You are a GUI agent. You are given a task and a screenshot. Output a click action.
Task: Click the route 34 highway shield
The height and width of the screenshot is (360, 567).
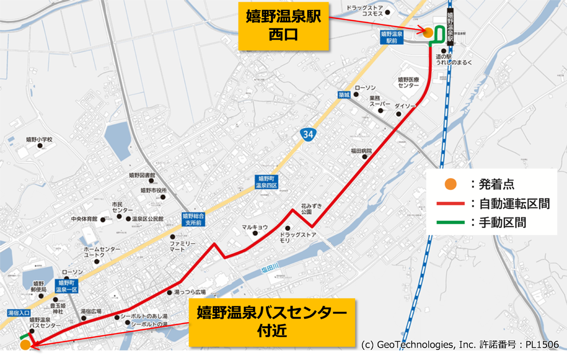pyautogui.click(x=308, y=134)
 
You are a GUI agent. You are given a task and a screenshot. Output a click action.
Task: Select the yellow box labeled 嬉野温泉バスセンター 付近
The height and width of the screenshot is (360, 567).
pyautogui.click(x=272, y=322)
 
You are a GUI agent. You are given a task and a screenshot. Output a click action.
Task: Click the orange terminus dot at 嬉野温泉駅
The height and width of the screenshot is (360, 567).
pyautogui.click(x=428, y=33)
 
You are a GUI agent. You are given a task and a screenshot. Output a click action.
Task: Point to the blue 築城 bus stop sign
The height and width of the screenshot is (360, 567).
pyautogui.click(x=344, y=95)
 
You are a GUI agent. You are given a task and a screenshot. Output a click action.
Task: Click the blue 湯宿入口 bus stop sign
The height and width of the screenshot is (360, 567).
pyautogui.click(x=19, y=313)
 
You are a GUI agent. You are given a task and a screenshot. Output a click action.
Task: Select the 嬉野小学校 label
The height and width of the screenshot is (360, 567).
pyautogui.click(x=39, y=140)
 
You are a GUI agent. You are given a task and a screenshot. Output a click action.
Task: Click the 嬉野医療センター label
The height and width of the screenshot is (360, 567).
pyautogui.click(x=408, y=82)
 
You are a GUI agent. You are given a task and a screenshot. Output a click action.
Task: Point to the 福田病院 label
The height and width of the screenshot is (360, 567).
pyautogui.click(x=361, y=151)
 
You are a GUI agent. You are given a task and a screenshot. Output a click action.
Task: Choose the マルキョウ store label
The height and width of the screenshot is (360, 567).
pyautogui.click(x=255, y=227)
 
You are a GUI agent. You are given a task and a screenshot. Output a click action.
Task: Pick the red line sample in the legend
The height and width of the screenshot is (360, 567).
pyautogui.click(x=451, y=204)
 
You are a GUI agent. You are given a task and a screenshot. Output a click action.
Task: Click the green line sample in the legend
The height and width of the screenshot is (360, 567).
pyautogui.click(x=451, y=222)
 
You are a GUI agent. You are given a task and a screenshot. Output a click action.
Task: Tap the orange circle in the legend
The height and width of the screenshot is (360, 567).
pyautogui.click(x=451, y=184)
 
